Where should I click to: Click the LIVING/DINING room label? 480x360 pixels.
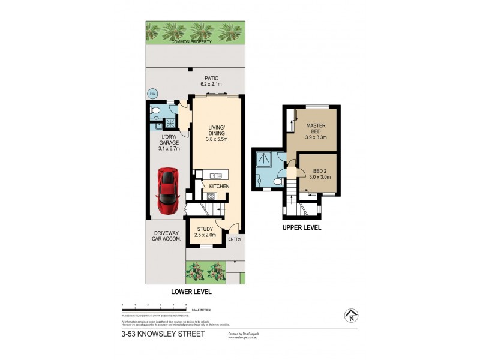coord(216,131)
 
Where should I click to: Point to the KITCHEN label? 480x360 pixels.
coord(220,187)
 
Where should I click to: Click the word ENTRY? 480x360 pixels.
coord(235,238)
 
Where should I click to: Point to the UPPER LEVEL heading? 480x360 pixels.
coord(303,228)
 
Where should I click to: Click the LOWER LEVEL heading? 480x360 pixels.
coord(191,292)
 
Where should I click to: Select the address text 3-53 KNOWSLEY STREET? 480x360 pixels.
coord(157,334)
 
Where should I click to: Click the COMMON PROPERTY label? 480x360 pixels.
coord(194,43)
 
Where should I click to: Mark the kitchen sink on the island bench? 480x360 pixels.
coord(215,175)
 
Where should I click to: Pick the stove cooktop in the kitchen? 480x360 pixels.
coord(211,196)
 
